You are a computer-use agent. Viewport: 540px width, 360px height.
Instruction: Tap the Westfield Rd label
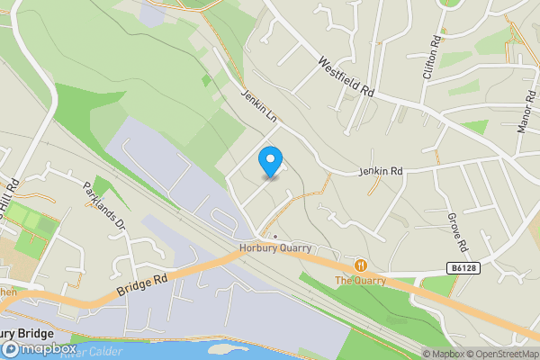pyautogui.click(x=344, y=77)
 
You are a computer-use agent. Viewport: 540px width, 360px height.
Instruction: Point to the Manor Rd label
pyautogui.click(x=526, y=112)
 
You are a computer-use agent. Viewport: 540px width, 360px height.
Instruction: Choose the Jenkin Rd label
pyautogui.click(x=382, y=171)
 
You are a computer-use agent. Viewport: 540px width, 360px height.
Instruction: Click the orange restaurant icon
pyautogui.click(x=361, y=265)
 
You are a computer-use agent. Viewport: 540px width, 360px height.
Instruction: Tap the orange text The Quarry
pyautogui.click(x=361, y=280)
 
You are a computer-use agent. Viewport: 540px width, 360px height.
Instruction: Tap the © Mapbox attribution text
pyautogui.click(x=443, y=354)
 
